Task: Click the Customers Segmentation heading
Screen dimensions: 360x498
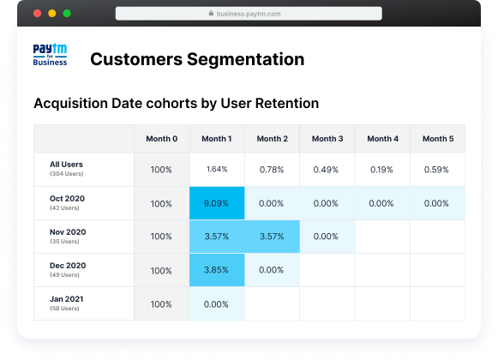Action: (x=197, y=59)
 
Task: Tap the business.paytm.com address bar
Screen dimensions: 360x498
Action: (x=249, y=15)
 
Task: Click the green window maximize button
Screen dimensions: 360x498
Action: (x=66, y=15)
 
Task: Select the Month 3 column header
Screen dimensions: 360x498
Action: (x=327, y=139)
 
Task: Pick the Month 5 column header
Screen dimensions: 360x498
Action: (x=437, y=139)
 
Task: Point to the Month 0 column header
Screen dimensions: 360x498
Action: (x=161, y=139)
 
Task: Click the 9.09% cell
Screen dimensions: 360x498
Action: (x=217, y=203)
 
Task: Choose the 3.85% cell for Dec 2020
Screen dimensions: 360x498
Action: (x=217, y=270)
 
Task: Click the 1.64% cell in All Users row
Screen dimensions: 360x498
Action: (x=217, y=170)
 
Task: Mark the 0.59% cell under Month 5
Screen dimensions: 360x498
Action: (x=437, y=170)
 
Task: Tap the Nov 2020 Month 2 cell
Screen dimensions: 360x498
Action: (x=272, y=237)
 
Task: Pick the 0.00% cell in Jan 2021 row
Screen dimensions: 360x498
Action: (x=217, y=303)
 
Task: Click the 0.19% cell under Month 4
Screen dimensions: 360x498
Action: (x=382, y=170)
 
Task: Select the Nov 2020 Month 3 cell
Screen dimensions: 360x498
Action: (x=327, y=237)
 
